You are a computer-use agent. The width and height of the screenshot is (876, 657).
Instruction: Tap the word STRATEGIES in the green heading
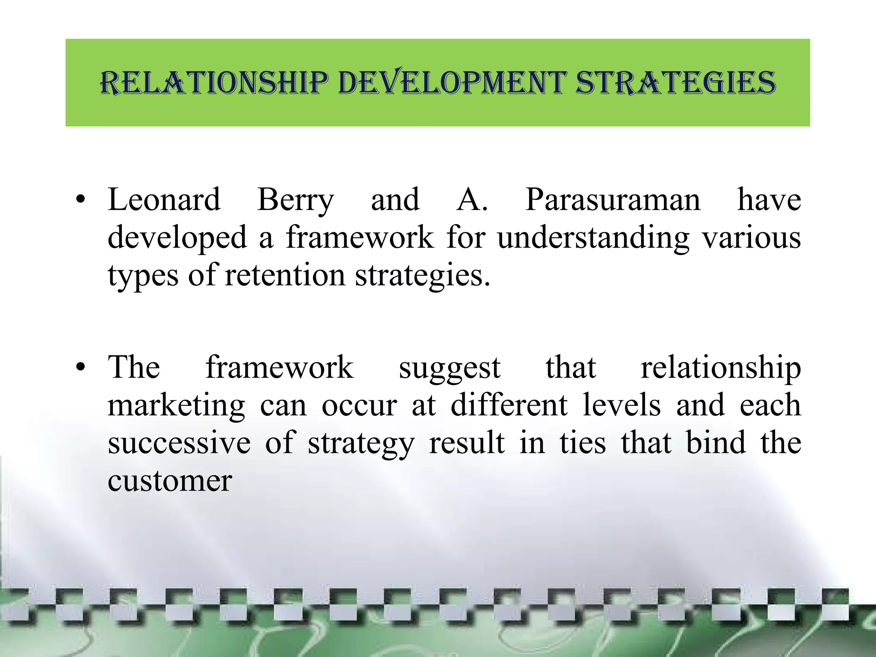pos(675,82)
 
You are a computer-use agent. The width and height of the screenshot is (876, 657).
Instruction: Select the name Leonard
pos(164,199)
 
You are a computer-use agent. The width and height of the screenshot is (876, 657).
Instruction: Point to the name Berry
pos(295,200)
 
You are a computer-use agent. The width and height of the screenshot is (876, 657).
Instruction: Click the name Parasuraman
pos(613,199)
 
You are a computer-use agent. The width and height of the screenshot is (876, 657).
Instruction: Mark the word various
pos(752,237)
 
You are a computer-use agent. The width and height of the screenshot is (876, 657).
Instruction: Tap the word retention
pos(285,275)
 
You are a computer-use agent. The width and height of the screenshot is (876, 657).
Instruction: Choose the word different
pos(509,405)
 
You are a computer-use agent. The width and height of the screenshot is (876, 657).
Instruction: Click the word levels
pos(622,405)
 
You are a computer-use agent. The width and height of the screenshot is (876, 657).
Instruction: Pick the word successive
pos(179,442)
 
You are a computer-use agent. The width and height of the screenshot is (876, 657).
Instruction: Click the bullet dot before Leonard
pos(81,200)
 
